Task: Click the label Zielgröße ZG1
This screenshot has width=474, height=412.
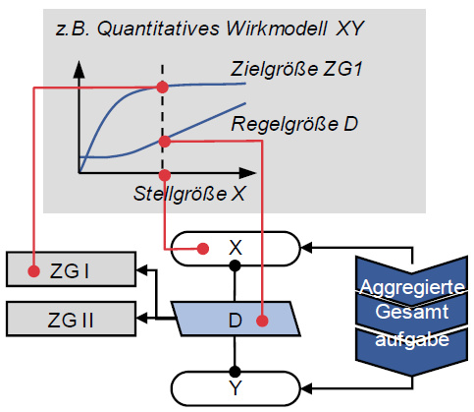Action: pyautogui.click(x=296, y=69)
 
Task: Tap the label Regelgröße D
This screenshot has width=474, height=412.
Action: pyautogui.click(x=294, y=124)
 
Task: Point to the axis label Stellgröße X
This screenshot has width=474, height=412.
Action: pyautogui.click(x=189, y=194)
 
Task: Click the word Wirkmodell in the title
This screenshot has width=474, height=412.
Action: pyautogui.click(x=276, y=29)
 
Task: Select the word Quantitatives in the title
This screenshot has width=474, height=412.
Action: pyautogui.click(x=158, y=29)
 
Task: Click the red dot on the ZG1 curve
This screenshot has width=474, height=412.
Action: pyautogui.click(x=162, y=88)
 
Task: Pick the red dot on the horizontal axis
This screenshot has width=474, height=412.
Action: pyautogui.click(x=165, y=175)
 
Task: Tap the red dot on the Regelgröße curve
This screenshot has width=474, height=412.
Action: pyautogui.click(x=165, y=142)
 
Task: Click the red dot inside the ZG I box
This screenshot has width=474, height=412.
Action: pyautogui.click(x=33, y=271)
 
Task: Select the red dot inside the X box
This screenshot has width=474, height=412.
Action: pyautogui.click(x=203, y=249)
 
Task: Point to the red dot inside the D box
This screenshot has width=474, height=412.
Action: pyautogui.click(x=262, y=321)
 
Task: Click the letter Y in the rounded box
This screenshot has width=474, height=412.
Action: pyautogui.click(x=236, y=388)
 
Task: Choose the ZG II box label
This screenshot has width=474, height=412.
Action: pyautogui.click(x=71, y=320)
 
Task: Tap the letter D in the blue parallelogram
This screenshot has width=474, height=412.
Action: pyautogui.click(x=236, y=321)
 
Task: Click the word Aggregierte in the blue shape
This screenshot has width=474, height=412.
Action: pyautogui.click(x=412, y=288)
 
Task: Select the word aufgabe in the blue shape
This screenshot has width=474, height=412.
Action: pyautogui.click(x=412, y=339)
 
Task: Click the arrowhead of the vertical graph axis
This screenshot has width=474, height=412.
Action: pyautogui.click(x=79, y=69)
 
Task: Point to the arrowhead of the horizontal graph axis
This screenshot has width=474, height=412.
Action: pyautogui.click(x=247, y=173)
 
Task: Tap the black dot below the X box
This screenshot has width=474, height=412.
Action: pyautogui.click(x=235, y=265)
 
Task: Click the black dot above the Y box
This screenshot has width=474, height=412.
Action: pyautogui.click(x=235, y=372)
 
